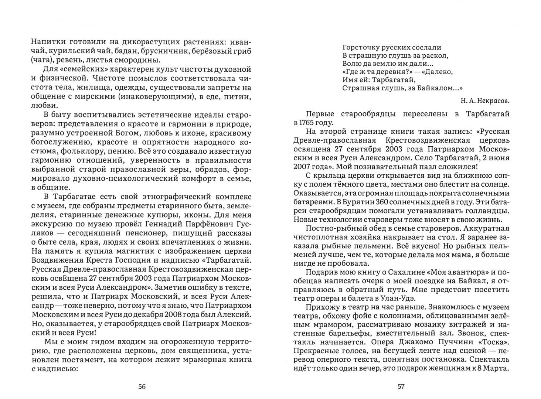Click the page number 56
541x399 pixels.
142,387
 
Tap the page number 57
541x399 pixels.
401,387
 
